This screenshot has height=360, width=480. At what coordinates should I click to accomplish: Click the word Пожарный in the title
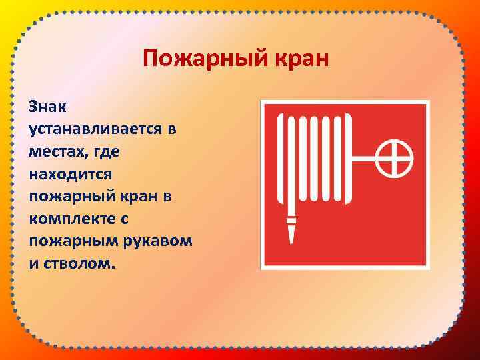[191, 60]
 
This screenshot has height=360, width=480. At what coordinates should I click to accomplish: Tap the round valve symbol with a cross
[394, 159]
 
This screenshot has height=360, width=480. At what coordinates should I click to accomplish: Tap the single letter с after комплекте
[125, 218]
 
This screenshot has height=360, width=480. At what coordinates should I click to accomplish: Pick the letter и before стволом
[33, 263]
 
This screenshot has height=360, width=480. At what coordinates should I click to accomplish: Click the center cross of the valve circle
[394, 159]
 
